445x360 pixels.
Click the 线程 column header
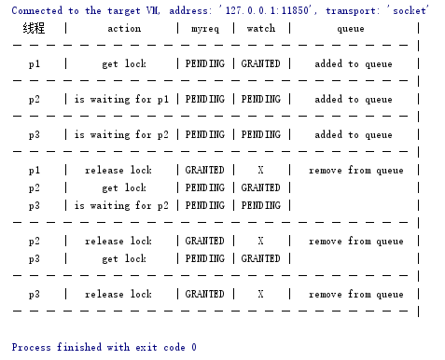pyautogui.click(x=35, y=29)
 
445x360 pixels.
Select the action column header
pyautogui.click(x=124, y=29)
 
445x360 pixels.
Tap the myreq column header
pyautogui.click(x=204, y=29)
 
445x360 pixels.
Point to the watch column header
pyautogui.click(x=260, y=29)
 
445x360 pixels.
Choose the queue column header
pyautogui.click(x=351, y=29)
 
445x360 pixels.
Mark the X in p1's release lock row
pyautogui.click(x=260, y=171)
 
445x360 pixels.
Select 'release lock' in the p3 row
pyautogui.click(x=118, y=295)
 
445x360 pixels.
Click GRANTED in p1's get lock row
pyautogui.click(x=260, y=64)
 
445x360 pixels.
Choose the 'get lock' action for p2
pyautogui.click(x=124, y=188)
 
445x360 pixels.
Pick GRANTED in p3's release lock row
pyautogui.click(x=204, y=295)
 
